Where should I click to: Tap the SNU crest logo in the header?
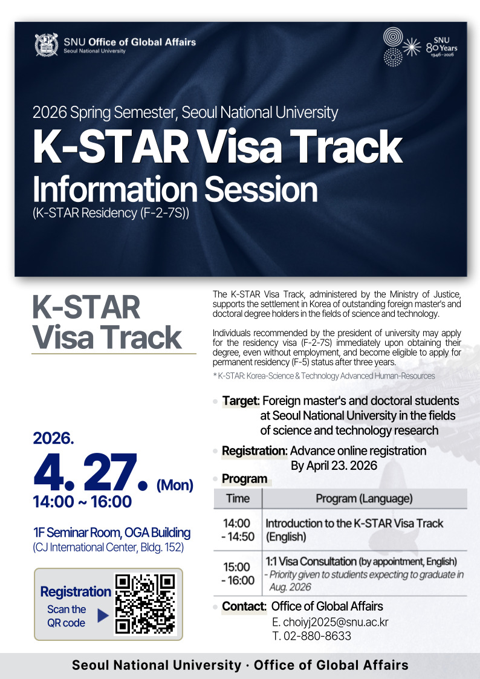[x=47, y=45]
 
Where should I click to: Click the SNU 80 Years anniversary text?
[x=441, y=48]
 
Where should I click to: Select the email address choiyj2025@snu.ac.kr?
[x=330, y=622]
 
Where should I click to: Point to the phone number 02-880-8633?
[x=311, y=635]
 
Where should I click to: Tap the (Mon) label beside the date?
[x=175, y=485]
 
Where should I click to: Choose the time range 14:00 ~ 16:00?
[x=82, y=502]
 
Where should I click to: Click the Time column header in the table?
[x=238, y=498]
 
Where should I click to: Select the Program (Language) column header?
[x=364, y=499]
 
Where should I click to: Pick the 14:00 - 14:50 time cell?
[x=238, y=530]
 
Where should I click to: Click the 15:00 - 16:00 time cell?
[x=238, y=573]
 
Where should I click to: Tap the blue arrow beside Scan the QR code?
[x=103, y=616]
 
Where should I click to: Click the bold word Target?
[x=240, y=401]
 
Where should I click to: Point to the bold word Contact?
[x=244, y=606]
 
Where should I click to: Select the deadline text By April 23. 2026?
[x=334, y=466]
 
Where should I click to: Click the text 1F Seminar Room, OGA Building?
[x=112, y=533]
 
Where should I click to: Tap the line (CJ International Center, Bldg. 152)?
[x=108, y=547]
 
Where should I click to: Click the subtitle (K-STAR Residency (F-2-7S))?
[x=111, y=213]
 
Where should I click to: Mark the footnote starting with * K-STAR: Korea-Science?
[x=324, y=376]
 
